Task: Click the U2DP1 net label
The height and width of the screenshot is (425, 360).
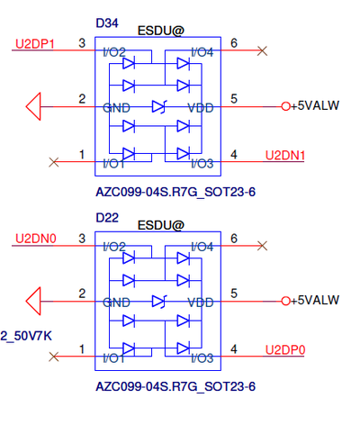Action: click(x=35, y=44)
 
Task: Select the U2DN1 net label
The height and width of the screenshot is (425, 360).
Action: click(x=285, y=156)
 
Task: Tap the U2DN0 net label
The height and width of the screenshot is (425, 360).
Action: click(x=36, y=239)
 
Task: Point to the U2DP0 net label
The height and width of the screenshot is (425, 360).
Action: click(x=285, y=350)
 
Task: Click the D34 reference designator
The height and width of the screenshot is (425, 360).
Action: click(x=107, y=23)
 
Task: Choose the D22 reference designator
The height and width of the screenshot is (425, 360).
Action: click(x=107, y=218)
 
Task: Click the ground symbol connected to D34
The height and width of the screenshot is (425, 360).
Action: click(x=33, y=106)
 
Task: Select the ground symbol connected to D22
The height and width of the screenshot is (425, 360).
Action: click(x=33, y=301)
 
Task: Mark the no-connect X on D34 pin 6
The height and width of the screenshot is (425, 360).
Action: click(x=262, y=50)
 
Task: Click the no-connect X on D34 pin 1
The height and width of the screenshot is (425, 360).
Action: click(x=54, y=162)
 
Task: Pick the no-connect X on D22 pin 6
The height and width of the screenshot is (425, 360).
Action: click(x=262, y=246)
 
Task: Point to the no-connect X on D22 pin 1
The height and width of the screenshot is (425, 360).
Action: click(x=54, y=357)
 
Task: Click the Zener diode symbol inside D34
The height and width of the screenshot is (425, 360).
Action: click(x=158, y=106)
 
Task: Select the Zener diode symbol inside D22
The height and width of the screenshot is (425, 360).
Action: click(x=158, y=301)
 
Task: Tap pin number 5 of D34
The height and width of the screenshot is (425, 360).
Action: click(x=234, y=99)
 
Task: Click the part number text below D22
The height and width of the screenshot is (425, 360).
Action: click(x=175, y=386)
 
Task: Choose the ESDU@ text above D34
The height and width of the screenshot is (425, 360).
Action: click(x=161, y=31)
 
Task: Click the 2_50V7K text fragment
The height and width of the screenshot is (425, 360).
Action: click(x=26, y=336)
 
